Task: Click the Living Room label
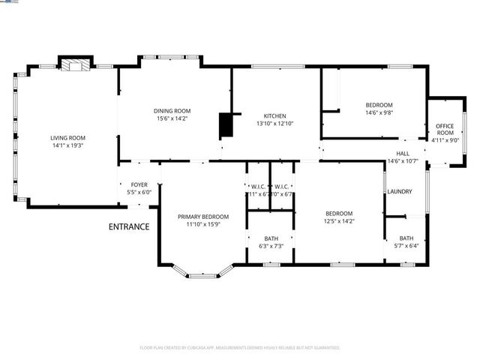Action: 67,138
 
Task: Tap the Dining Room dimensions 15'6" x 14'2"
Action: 172,118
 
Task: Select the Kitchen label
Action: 274,115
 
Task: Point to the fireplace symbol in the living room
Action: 74,66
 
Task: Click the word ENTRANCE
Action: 129,226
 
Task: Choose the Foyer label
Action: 139,184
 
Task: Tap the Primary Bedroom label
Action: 202,217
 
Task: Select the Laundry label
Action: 399,191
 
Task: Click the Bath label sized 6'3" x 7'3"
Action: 271,238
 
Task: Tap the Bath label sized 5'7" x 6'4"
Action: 406,238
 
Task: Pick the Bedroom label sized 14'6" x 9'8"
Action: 379,105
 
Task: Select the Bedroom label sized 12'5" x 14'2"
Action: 339,214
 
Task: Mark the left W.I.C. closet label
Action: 258,187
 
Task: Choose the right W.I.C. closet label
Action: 282,187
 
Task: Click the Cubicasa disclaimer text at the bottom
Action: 240,347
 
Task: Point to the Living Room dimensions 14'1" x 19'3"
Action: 67,146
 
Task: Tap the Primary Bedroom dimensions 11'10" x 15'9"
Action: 202,224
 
